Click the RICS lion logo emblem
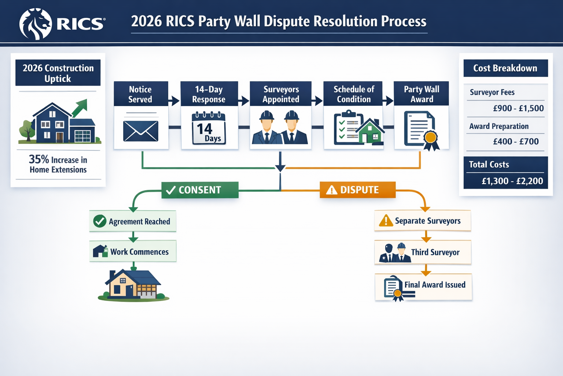pos(36,24)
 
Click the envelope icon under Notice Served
pos(141,131)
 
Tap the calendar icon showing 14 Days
pos(209,129)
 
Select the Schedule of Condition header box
pos(353,94)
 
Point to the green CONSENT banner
pos(200,190)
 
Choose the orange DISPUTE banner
pos(357,190)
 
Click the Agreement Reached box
pos(133,221)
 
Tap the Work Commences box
pos(133,252)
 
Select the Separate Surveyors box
pos(422,221)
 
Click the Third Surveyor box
pos(423,252)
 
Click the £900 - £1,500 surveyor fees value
pos(518,108)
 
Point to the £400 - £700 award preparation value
pos(516,141)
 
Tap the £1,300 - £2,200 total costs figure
pos(512,181)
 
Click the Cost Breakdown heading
pos(505,68)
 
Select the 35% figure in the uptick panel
pos(39,159)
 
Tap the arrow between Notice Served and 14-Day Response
pos(174,101)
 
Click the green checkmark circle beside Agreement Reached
pos(100,221)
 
